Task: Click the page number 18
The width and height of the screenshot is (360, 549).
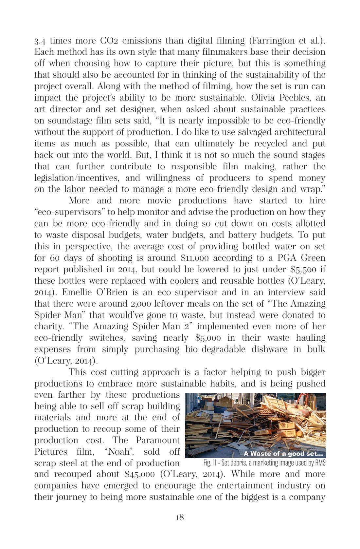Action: click(x=180, y=518)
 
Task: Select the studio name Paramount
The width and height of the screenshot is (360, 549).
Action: click(x=157, y=440)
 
